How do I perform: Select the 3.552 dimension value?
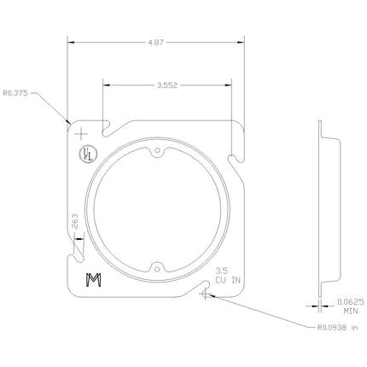click(x=167, y=84)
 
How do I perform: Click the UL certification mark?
click(x=87, y=154)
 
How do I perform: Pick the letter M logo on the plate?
click(x=92, y=282)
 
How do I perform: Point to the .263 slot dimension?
click(x=75, y=224)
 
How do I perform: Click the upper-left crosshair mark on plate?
click(x=81, y=135)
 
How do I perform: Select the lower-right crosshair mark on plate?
click(x=205, y=295)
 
